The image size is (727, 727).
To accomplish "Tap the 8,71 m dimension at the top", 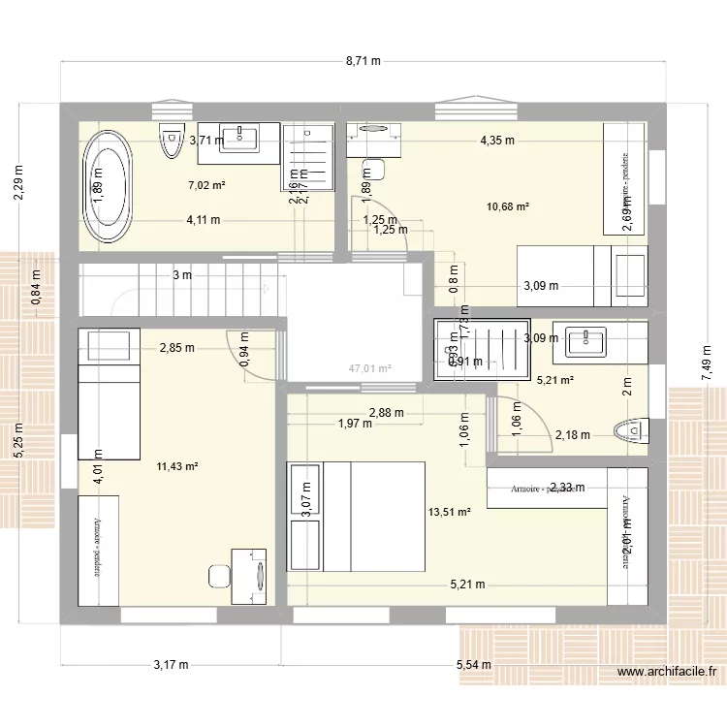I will tap(363, 61).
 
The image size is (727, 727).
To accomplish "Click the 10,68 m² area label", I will tap(510, 205).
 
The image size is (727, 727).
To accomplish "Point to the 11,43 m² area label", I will tap(176, 466).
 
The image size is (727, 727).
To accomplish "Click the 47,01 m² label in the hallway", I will tap(370, 368).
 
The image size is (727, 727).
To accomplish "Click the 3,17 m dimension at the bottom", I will tap(171, 664).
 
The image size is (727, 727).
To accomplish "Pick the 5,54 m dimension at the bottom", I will tap(473, 664).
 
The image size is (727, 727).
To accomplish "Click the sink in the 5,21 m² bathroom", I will tap(586, 340).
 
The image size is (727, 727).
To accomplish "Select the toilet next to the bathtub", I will tap(171, 142).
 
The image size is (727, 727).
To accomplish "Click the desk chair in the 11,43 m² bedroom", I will tap(218, 576).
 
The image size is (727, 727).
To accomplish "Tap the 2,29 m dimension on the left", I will tap(19, 182).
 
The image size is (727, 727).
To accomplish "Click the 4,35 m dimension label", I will tap(496, 140).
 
